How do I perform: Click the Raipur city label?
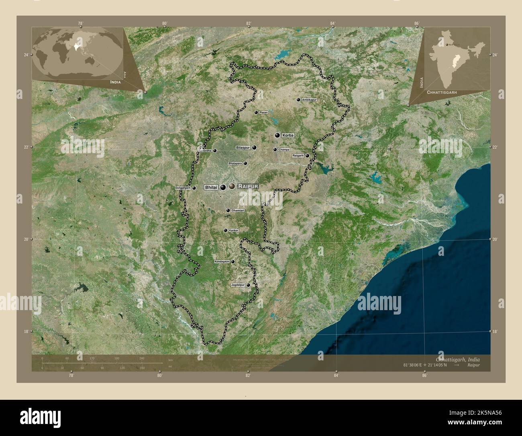[248, 186]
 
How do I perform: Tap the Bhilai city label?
[211, 187]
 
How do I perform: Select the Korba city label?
[288, 136]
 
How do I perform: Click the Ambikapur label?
[309, 99]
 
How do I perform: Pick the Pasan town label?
[263, 113]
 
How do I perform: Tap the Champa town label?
[283, 150]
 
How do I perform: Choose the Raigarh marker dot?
[307, 156]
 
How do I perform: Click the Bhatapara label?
[235, 163]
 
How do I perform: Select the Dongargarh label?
[183, 188]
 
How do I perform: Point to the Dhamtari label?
[238, 210]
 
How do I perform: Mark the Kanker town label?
[233, 230]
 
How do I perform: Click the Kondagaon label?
[222, 261]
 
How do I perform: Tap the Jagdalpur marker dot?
[248, 285]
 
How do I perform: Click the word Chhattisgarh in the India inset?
[442, 92]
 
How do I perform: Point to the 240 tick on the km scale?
[141, 358]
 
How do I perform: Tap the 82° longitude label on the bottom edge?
[248, 376]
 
